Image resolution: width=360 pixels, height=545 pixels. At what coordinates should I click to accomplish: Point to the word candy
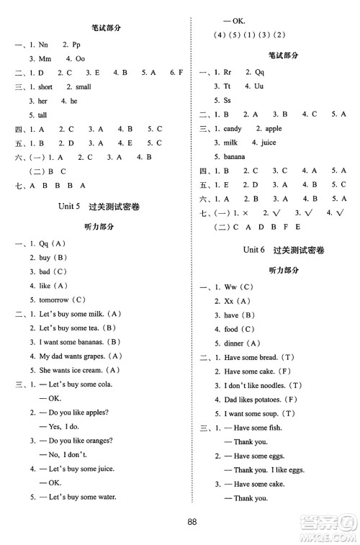coord(233,129)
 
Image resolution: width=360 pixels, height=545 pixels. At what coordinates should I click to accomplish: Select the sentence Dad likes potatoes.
coord(249,399)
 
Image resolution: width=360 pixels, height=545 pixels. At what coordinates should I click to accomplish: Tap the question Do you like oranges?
coord(73,440)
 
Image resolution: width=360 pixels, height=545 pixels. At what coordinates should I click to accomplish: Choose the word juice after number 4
coord(268,143)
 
